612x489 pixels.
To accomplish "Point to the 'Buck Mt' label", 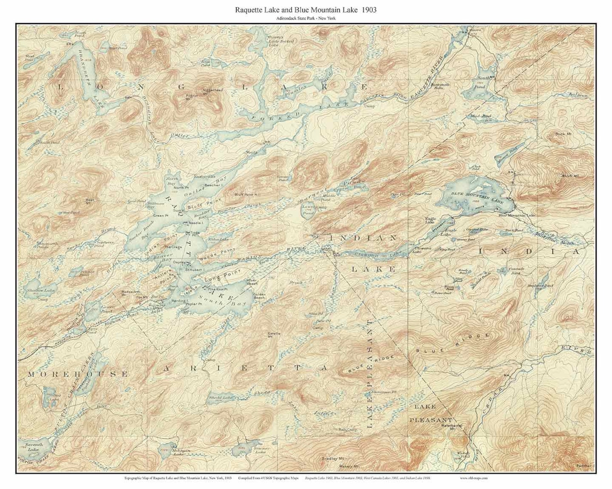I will click(563, 134).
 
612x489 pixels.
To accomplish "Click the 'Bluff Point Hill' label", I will click(247, 195).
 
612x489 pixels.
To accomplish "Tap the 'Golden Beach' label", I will click(259, 296).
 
